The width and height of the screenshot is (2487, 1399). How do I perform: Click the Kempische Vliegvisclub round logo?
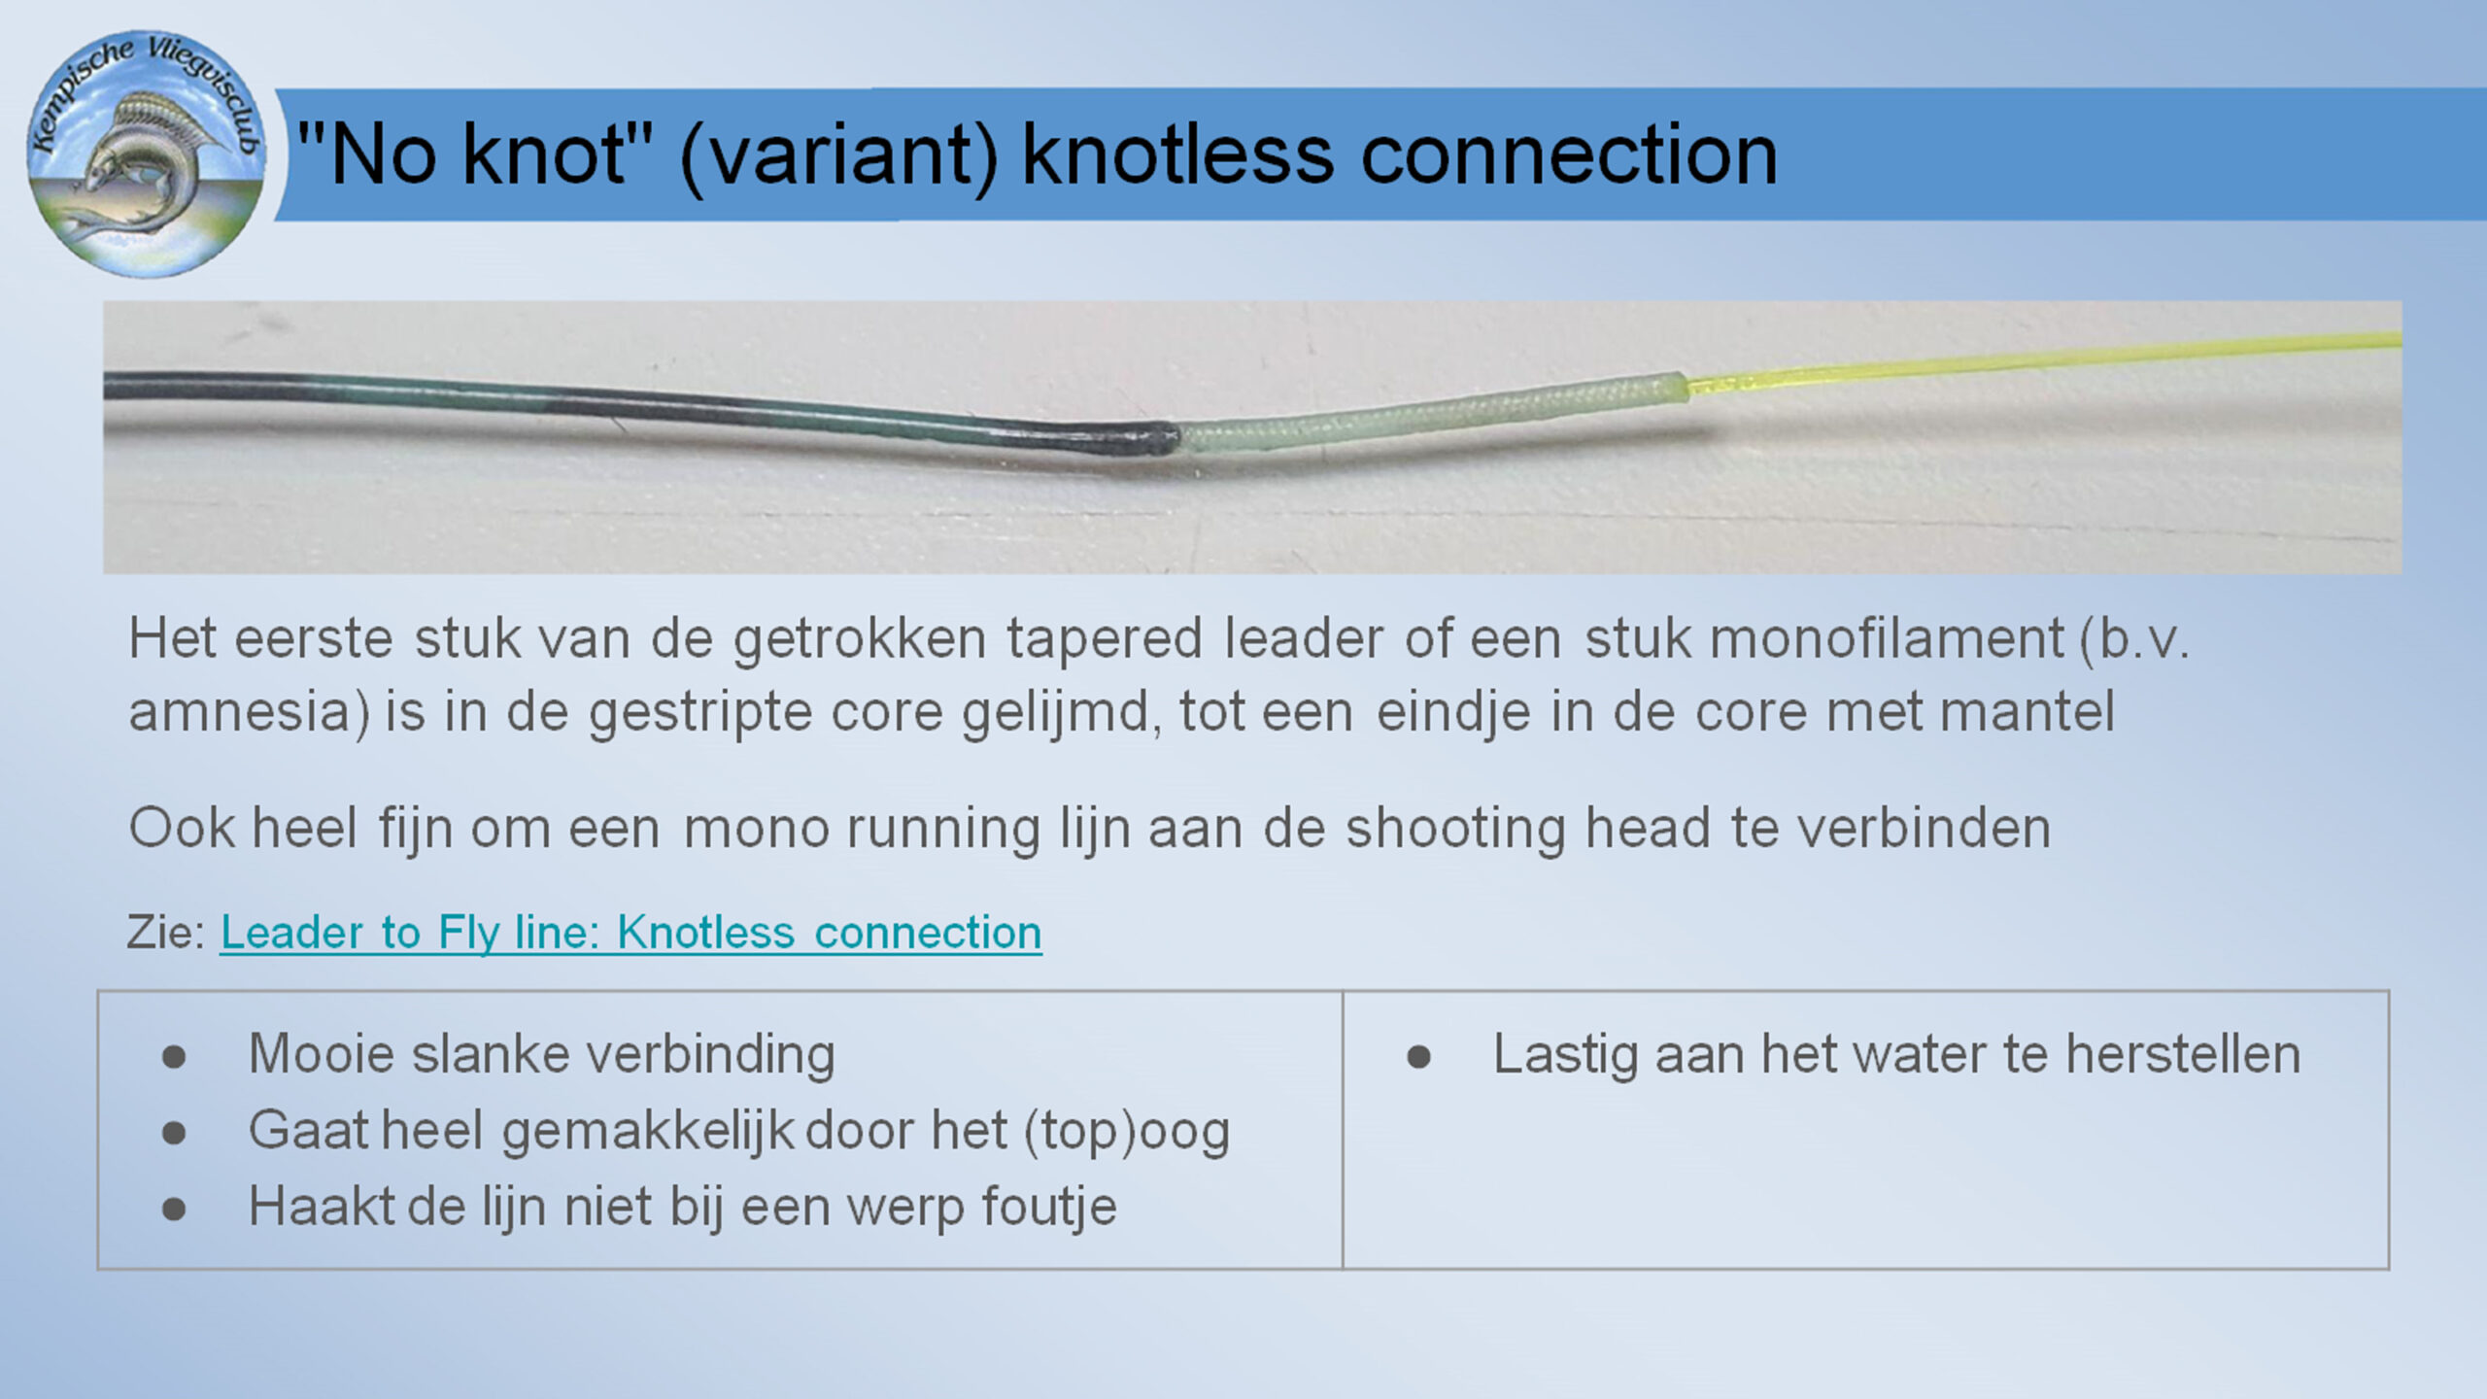tap(147, 154)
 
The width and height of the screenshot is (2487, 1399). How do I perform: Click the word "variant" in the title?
tap(838, 155)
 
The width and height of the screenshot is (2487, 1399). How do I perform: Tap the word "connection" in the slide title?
tap(1569, 155)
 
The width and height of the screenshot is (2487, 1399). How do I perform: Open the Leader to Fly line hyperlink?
tap(631, 933)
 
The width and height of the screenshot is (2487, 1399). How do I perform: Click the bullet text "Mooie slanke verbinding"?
tap(542, 1054)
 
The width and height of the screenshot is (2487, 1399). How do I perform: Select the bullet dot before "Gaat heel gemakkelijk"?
tap(174, 1132)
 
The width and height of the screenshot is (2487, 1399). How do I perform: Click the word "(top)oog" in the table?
tap(1127, 1132)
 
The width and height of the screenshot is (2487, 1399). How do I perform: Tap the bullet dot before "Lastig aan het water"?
tap(1418, 1056)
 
